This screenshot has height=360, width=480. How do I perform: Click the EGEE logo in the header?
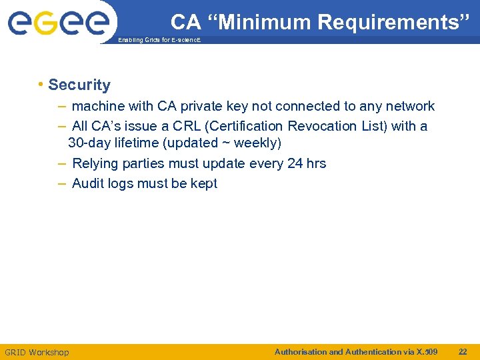point(58,21)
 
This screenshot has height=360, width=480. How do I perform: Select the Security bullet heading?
point(79,85)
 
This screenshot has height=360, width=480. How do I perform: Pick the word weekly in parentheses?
point(255,143)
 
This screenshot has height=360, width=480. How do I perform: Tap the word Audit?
point(87,183)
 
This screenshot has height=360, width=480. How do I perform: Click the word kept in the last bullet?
point(203,183)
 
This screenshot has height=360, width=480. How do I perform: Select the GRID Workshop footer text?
point(37,352)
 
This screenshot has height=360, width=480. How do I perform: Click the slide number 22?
point(463,351)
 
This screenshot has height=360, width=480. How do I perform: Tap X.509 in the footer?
point(427,351)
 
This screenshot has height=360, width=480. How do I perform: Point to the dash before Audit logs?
point(62,183)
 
